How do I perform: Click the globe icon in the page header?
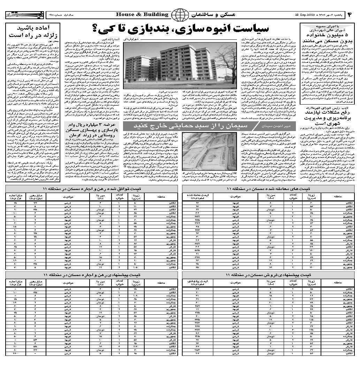coord(179,15)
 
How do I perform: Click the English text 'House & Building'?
coord(142,15)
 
